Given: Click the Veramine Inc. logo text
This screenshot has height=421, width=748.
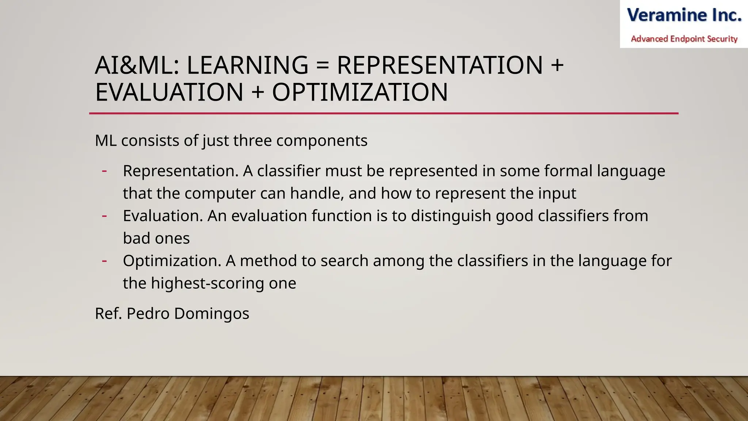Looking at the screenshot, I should click(x=684, y=15).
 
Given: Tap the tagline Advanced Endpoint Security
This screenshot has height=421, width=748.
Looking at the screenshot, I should click(x=684, y=39).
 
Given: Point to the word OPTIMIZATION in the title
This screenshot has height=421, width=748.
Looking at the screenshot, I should click(x=360, y=92).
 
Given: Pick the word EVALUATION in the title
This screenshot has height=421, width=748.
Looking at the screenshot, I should click(x=169, y=92).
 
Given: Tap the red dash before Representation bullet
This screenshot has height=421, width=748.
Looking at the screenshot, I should click(x=104, y=171).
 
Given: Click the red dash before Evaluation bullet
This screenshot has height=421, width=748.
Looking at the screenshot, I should click(x=104, y=216).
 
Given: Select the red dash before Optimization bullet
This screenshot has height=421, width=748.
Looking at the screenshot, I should click(x=104, y=261).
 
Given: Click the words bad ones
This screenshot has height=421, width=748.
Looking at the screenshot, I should click(x=156, y=239).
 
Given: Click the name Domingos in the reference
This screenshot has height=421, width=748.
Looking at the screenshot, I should click(x=211, y=314).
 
